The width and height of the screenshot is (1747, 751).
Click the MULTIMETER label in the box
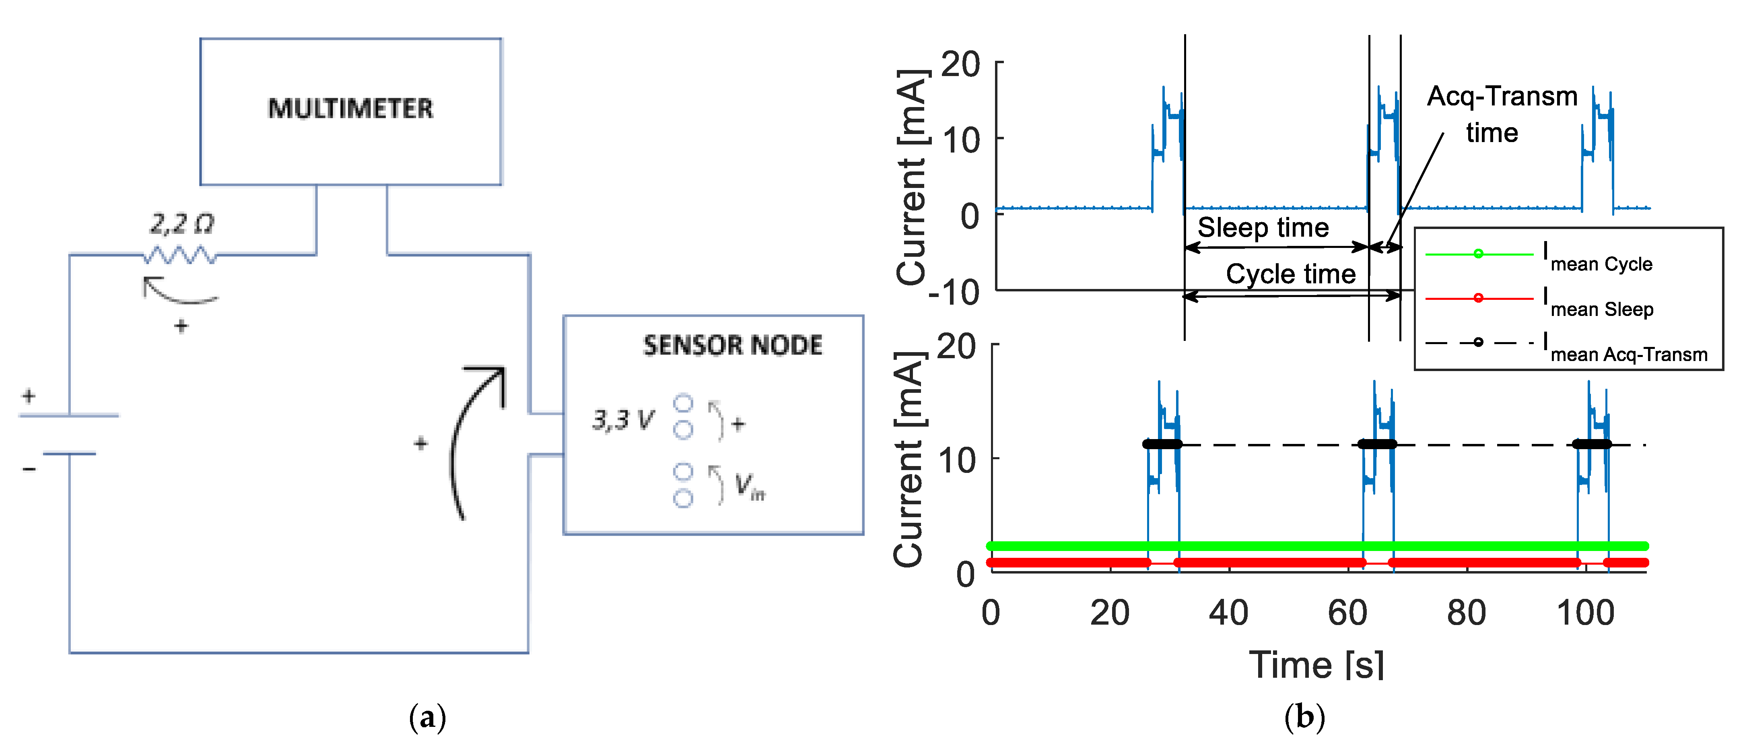click(x=350, y=109)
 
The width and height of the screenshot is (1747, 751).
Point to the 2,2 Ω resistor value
click(x=182, y=224)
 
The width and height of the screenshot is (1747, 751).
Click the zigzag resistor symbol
click(x=180, y=256)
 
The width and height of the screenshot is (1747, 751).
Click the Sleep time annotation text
click(x=1263, y=227)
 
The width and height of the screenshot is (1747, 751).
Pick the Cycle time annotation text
click(x=1291, y=274)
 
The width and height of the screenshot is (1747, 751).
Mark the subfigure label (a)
click(x=427, y=717)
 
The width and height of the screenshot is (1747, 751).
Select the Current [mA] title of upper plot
click(x=911, y=176)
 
